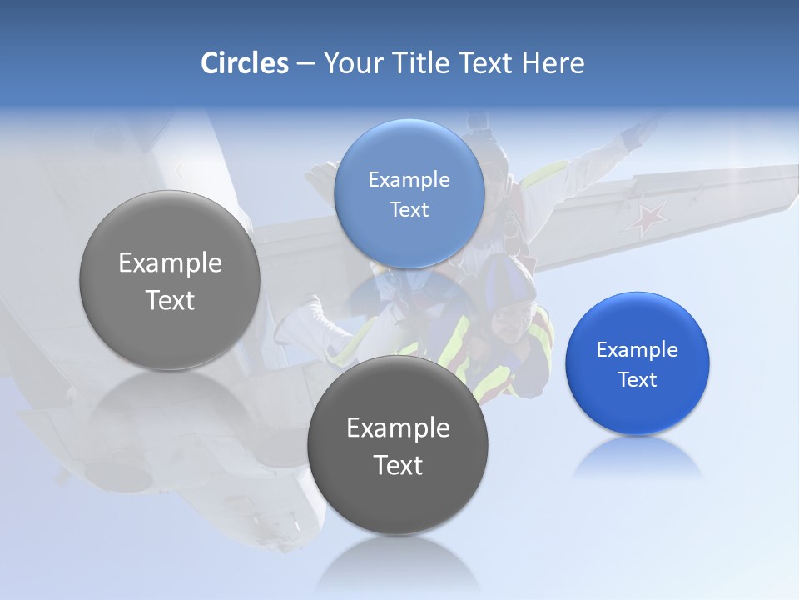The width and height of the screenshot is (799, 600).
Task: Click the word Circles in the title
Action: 245,63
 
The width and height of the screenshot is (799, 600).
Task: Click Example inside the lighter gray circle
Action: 170,263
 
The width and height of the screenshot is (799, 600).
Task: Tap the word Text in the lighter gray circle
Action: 170,300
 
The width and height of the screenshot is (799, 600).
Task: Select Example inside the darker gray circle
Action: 398,428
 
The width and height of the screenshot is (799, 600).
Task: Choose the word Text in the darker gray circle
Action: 398,465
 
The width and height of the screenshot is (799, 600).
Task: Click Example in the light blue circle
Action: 409,180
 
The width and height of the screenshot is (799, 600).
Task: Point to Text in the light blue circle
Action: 409,210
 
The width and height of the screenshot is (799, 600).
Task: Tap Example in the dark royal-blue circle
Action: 637,350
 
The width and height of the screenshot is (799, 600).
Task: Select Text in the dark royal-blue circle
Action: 637,380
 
